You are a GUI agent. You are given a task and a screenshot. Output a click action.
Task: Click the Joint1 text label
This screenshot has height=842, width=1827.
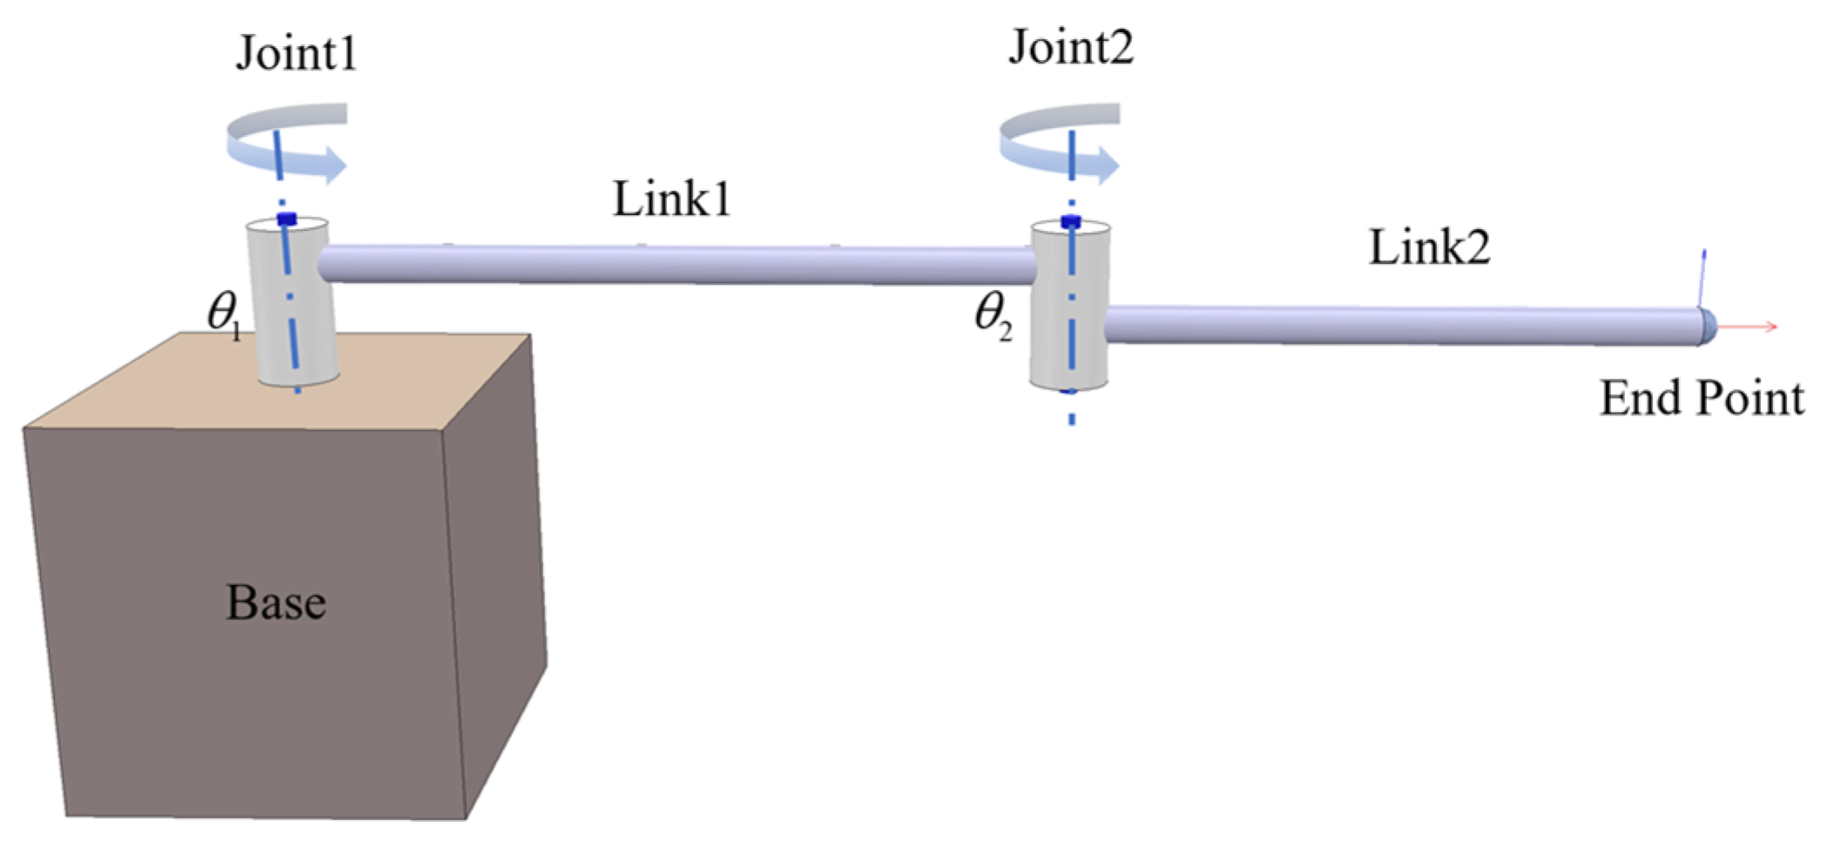296,54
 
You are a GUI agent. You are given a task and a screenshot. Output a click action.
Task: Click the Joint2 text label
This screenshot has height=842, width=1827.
1070,47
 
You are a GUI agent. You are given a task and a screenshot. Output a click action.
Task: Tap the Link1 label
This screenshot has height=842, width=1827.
671,199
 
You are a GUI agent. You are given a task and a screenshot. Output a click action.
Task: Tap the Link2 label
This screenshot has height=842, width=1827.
1429,247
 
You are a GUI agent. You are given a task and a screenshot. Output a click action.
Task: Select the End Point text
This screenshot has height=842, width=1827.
1701,399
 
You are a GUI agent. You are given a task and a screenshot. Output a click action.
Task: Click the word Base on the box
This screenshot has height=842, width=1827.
276,603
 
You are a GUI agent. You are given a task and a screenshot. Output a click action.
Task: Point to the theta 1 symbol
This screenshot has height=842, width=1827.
223,313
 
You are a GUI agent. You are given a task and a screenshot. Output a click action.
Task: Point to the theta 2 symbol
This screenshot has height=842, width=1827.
992,314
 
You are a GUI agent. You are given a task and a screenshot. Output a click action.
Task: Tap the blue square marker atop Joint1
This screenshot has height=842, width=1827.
287,219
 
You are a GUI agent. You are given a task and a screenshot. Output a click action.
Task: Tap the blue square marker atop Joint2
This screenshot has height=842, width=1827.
1070,222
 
